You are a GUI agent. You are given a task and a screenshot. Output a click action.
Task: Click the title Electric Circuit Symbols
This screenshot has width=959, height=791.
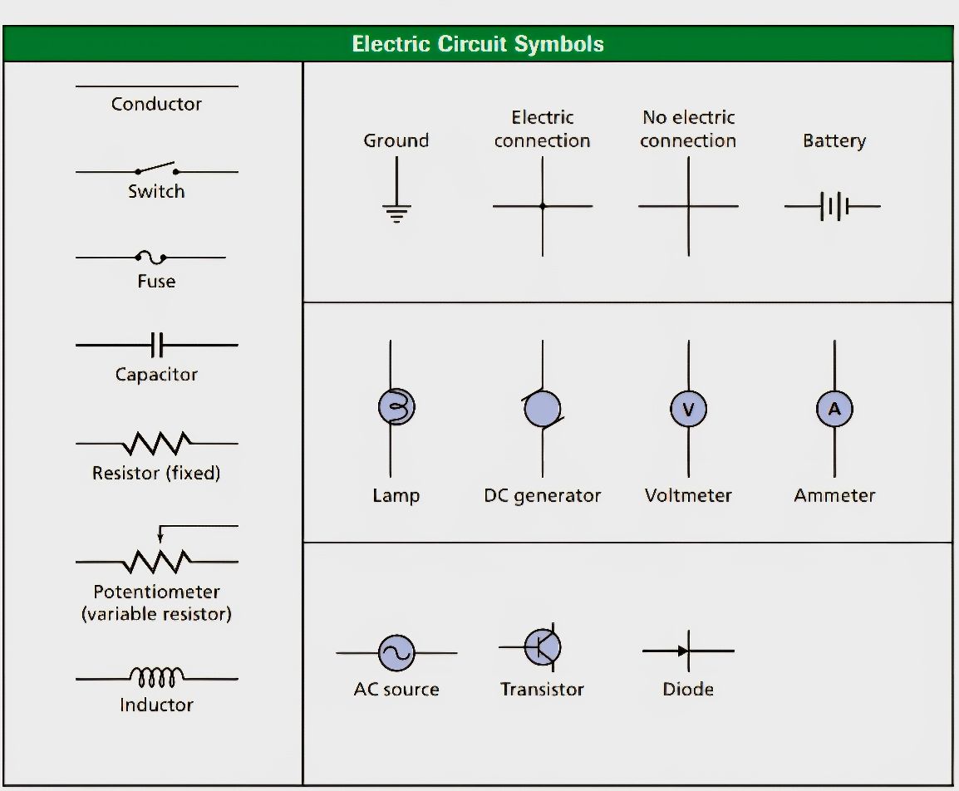click(x=478, y=44)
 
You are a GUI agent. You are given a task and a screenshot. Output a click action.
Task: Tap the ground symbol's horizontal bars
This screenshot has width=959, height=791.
click(x=396, y=214)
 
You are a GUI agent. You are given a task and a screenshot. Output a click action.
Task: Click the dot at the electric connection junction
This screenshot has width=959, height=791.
click(x=543, y=206)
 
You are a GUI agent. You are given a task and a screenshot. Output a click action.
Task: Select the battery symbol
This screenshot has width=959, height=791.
click(x=833, y=207)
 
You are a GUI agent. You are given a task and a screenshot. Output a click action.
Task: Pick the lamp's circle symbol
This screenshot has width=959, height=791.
click(x=396, y=406)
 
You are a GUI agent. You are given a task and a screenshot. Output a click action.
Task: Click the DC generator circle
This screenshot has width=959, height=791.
click(x=543, y=408)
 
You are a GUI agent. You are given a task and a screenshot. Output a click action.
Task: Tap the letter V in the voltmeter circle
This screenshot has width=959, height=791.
click(x=689, y=409)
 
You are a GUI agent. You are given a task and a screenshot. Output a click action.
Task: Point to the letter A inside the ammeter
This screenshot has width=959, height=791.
click(x=835, y=409)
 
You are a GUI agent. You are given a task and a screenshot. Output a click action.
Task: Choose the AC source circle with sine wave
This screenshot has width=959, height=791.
click(x=396, y=653)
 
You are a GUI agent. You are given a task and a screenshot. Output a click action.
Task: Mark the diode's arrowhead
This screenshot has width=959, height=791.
click(x=683, y=651)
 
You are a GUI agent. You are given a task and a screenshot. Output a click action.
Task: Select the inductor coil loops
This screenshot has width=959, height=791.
click(x=156, y=676)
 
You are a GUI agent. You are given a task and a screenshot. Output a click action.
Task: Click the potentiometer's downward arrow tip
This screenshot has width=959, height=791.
click(x=160, y=541)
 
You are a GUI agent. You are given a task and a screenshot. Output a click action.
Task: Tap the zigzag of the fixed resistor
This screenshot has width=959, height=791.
click(x=156, y=444)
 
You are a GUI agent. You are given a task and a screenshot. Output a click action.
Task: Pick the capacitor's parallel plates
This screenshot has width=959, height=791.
click(x=156, y=346)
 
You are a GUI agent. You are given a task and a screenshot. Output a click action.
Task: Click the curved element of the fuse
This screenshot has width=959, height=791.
click(x=151, y=257)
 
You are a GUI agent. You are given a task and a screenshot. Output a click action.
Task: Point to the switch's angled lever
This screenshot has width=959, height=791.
click(x=156, y=166)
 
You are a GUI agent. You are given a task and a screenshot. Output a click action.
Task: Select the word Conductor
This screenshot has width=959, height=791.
click(x=156, y=104)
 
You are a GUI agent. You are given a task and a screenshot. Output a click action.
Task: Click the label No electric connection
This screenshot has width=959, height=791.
click(x=689, y=129)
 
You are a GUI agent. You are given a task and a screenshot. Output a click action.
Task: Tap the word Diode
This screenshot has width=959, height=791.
click(x=688, y=689)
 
